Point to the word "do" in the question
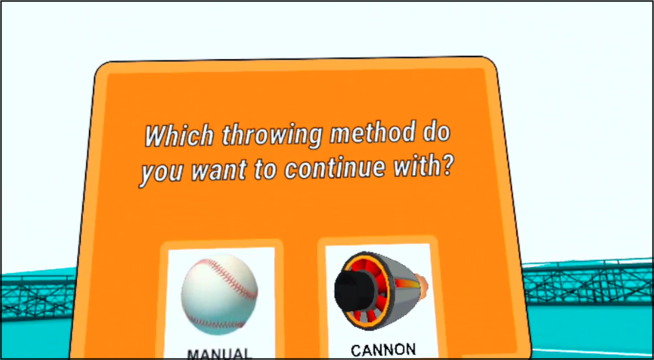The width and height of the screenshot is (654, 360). click(x=437, y=132)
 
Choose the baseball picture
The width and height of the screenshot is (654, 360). click(x=219, y=295)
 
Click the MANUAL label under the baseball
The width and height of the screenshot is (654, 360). click(x=219, y=354)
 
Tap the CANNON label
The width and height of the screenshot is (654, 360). click(x=383, y=350)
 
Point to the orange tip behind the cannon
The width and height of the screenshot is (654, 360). click(x=422, y=283)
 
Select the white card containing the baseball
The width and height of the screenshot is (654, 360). click(x=220, y=304)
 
